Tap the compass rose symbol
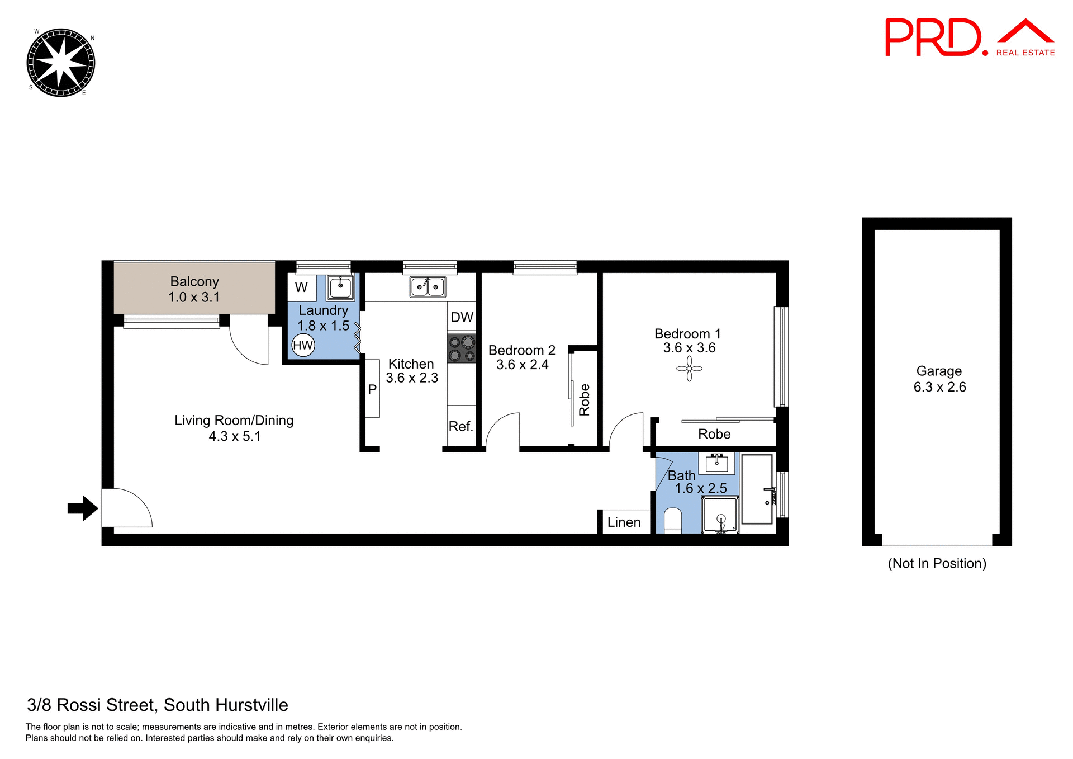click(x=61, y=63)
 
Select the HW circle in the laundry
click(x=303, y=345)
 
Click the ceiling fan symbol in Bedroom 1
click(x=689, y=369)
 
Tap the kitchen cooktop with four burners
click(x=462, y=348)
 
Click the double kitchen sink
click(x=428, y=287)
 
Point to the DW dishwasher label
click(x=462, y=318)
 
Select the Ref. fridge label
click(x=461, y=426)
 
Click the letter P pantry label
click(x=372, y=390)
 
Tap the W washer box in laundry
click(x=301, y=287)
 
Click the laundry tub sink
click(x=340, y=287)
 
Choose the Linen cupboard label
click(x=624, y=522)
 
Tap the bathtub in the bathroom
click(x=757, y=489)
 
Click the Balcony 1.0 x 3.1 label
click(x=194, y=289)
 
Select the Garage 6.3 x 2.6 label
click(x=939, y=379)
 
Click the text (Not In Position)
click(x=937, y=563)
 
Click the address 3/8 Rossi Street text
click(x=158, y=705)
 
